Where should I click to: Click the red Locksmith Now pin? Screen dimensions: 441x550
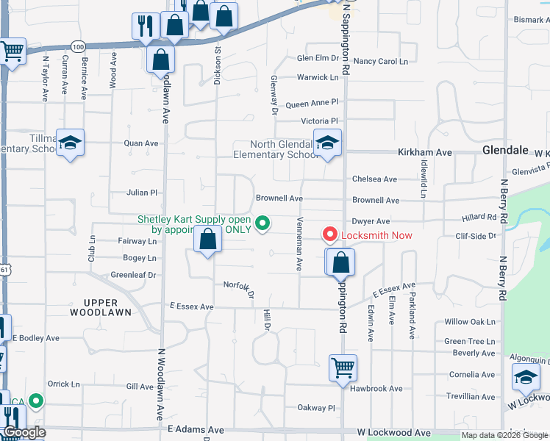[x=330, y=234]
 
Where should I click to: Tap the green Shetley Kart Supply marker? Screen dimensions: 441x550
[x=261, y=221]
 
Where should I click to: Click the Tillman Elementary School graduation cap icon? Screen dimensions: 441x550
[x=71, y=143]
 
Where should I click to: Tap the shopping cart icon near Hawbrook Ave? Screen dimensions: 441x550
[x=342, y=367]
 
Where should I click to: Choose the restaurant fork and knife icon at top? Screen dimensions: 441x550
[x=145, y=26]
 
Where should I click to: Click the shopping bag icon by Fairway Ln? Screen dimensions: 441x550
[x=208, y=240]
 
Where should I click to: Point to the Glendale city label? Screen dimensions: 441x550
[x=505, y=150]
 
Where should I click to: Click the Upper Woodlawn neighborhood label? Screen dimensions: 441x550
[x=101, y=307]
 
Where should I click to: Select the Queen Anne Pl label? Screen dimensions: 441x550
[x=312, y=103]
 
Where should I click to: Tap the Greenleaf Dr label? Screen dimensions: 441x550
[x=133, y=275]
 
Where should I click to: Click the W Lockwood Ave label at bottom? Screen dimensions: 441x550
[x=393, y=434]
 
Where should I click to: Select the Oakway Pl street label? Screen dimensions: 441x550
[x=315, y=407]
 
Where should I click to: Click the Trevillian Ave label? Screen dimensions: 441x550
[x=470, y=395]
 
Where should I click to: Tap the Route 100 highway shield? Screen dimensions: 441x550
[x=79, y=46]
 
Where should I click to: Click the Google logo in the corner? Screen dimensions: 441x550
[x=24, y=433]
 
